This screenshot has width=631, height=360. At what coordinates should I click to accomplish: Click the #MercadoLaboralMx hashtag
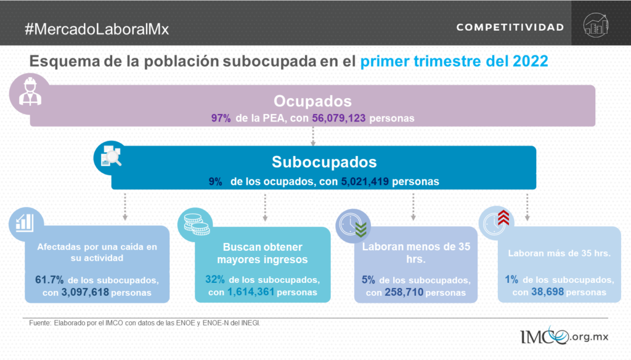[x=97, y=29]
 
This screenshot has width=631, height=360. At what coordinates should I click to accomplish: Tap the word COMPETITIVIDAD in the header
[x=510, y=27]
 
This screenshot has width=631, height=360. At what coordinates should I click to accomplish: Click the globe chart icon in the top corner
[x=596, y=25]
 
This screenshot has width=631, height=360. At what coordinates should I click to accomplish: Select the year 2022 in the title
[x=531, y=61]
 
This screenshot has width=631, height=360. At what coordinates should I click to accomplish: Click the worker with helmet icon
[x=30, y=92]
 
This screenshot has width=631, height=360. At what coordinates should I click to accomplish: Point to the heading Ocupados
[x=312, y=101]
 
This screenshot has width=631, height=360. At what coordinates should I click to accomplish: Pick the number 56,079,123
[x=339, y=118]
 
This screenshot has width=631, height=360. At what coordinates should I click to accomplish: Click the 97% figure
[x=221, y=118]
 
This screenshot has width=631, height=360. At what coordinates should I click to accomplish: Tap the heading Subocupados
[x=324, y=162]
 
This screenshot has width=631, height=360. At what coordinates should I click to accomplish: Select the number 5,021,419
[x=365, y=182]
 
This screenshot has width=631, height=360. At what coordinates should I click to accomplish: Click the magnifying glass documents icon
[x=111, y=156]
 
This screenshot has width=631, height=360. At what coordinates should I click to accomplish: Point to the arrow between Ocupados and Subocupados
[x=313, y=136]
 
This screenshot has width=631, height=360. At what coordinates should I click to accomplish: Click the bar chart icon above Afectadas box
[x=25, y=223]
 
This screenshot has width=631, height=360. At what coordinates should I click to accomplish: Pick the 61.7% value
[x=49, y=280]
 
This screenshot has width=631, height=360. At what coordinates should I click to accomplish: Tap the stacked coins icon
[x=197, y=224]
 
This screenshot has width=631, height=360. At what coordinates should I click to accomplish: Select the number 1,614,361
[x=251, y=292]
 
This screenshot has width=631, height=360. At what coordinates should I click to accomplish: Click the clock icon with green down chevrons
[x=353, y=226]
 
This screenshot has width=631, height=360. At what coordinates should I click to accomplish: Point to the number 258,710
[x=404, y=292]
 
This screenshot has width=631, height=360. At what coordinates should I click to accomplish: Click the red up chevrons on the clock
[x=503, y=218]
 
